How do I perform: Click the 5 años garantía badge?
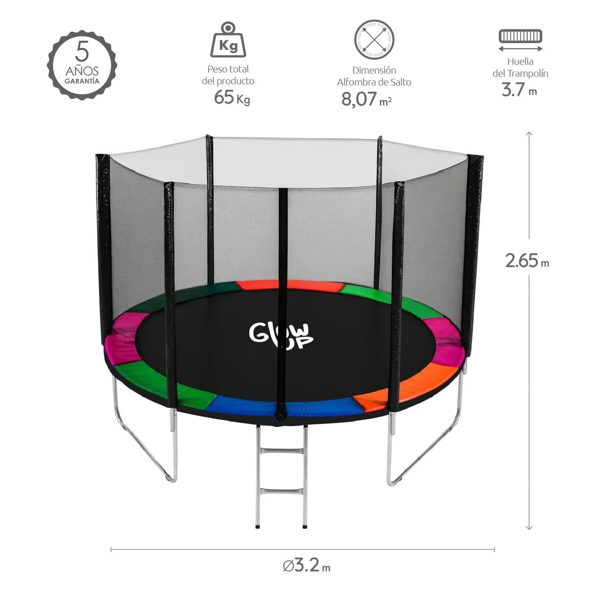(82, 65)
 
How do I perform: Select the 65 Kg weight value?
(232, 98)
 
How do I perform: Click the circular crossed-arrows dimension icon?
(374, 40)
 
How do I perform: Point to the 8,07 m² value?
(366, 99)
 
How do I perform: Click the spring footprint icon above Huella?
(520, 41)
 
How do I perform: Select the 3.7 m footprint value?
(519, 90)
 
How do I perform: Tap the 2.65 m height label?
(527, 260)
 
